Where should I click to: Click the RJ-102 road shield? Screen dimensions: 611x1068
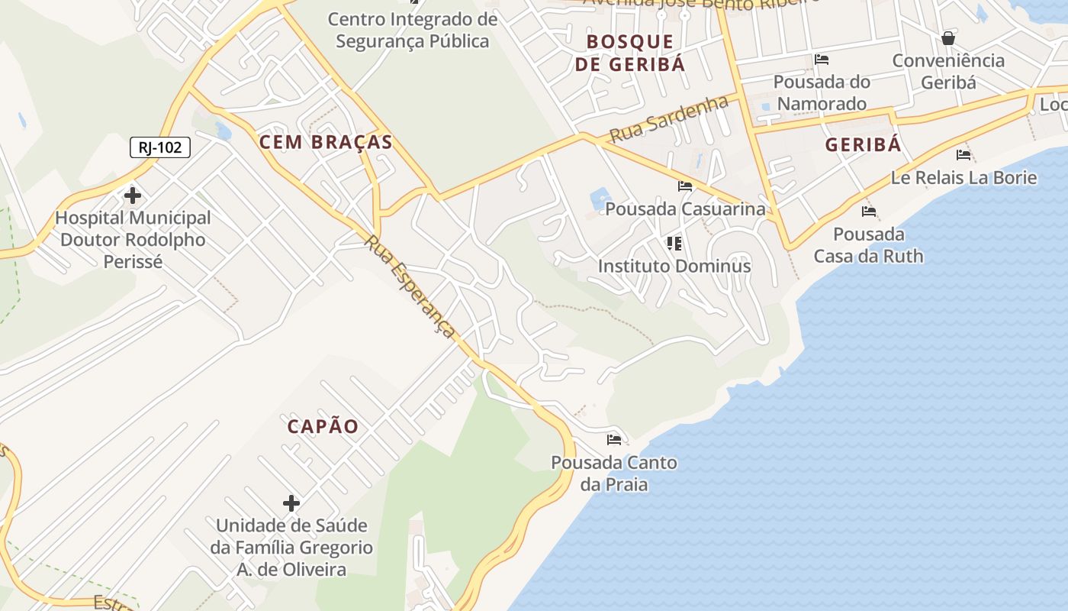[159, 147]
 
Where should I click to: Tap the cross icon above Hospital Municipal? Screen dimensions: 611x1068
[133, 196]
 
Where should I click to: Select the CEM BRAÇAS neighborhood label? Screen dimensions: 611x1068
[326, 142]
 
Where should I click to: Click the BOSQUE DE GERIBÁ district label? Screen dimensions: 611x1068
[630, 53]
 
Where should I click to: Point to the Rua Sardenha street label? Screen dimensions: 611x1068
[668, 119]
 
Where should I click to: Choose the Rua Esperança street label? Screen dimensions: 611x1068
[410, 286]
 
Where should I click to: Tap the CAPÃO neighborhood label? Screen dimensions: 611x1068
[323, 427]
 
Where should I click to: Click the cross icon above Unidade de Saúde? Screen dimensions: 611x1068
[291, 503]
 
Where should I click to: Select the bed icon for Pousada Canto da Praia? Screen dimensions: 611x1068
[614, 439]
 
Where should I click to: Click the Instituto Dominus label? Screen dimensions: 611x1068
[674, 267]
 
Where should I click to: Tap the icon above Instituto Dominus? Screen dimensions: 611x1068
[674, 244]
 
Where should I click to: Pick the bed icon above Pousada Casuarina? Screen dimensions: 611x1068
[685, 186]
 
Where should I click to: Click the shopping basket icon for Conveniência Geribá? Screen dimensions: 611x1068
[948, 38]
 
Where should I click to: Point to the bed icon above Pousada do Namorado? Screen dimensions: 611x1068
[822, 60]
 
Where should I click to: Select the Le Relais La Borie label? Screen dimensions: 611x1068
[963, 178]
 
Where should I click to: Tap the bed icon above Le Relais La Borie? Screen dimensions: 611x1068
[963, 155]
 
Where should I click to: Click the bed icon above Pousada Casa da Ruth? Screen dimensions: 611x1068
[868, 212]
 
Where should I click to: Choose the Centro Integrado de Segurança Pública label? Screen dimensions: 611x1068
[413, 30]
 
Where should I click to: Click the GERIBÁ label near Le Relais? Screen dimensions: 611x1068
[864, 145]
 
